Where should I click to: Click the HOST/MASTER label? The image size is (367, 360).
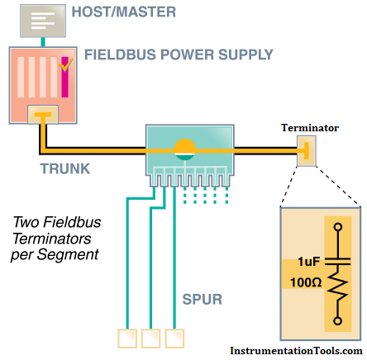coord(124,12)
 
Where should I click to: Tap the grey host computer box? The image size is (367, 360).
coord(43,21)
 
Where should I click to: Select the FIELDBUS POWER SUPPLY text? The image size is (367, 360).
coord(179,54)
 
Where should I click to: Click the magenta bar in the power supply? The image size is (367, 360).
coord(64,77)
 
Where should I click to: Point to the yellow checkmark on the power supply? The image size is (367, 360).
coord(66,64)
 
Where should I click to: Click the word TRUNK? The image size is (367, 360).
coord(65,168)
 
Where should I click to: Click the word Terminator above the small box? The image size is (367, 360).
coord(310,128)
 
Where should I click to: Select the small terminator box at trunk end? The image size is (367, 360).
coord(307,151)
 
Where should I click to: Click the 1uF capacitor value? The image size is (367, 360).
coord(308,261)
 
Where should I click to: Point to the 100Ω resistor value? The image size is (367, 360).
coord(306,282)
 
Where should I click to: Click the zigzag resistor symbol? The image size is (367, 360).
coord(338,287)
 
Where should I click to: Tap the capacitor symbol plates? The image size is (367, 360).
coord(338,262)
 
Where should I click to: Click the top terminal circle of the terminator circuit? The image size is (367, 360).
coord(338,227)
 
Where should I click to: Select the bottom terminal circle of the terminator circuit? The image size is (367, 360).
coord(338,321)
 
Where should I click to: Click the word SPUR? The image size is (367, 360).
coord(203,299)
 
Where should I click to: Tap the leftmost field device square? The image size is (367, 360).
coord(127,339)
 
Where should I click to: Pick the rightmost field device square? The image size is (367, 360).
coord(174,339)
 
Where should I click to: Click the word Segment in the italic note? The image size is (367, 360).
coord(68,255)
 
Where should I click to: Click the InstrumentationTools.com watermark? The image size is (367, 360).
coord(296,351)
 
